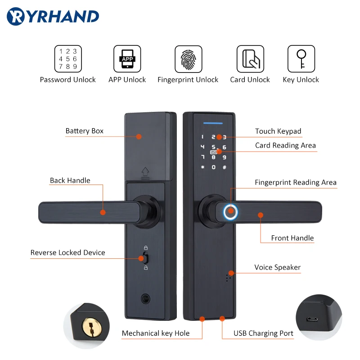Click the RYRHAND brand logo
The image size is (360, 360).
click(53, 17)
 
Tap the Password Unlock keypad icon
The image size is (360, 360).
click(68, 59)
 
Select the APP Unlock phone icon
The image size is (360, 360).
click(127, 59)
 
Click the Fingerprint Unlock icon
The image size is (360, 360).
click(188, 59)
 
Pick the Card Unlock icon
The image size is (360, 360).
click(250, 59)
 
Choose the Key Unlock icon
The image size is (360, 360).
click(301, 59)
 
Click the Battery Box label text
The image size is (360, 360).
click(85, 131)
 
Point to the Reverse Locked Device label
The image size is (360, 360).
click(67, 252)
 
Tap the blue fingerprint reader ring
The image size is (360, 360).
click(231, 211)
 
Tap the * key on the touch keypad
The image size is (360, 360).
click(202, 167)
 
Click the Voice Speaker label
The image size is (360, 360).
click(277, 267)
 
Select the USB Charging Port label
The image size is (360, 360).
click(263, 333)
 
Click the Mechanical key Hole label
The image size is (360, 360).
click(156, 333)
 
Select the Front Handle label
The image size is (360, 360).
click(292, 238)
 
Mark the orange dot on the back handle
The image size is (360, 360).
click(103, 212)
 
